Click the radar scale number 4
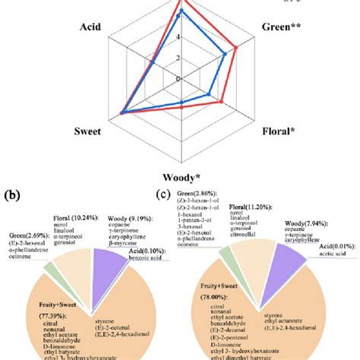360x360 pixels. [178, 36]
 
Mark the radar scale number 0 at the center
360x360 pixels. [178, 78]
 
